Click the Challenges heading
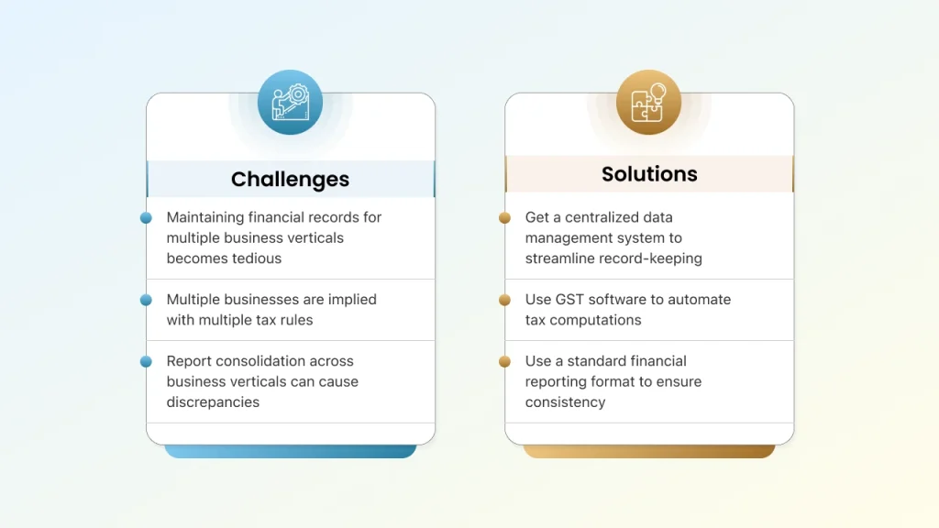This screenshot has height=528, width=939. [x=290, y=179]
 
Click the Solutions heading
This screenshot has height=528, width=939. [x=649, y=174]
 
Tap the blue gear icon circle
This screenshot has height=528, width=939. [x=291, y=103]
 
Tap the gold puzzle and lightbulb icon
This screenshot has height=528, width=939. [x=648, y=103]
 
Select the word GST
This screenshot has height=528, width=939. [x=569, y=300]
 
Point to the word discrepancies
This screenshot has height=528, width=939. [x=213, y=402]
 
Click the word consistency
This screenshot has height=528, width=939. [x=565, y=402]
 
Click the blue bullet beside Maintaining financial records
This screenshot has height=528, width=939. [x=146, y=218]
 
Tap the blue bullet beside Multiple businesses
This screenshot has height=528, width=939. [x=146, y=300]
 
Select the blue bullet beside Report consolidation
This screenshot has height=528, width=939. [x=146, y=361]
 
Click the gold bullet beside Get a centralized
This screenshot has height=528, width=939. [x=505, y=218]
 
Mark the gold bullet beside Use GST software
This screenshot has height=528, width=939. [x=505, y=300]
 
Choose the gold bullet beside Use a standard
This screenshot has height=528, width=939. [x=505, y=361]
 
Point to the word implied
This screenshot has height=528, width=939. [x=353, y=300]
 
